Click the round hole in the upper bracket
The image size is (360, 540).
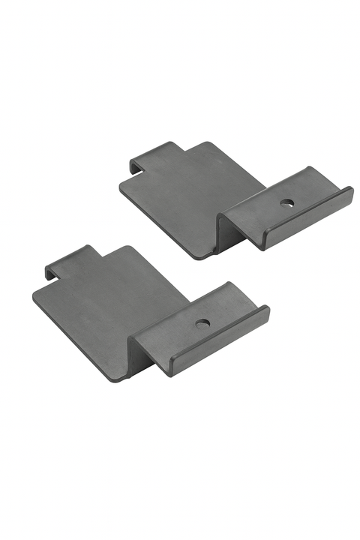click(x=286, y=202)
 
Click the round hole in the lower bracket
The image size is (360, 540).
click(x=202, y=324)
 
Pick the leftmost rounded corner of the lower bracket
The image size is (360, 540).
click(x=36, y=296)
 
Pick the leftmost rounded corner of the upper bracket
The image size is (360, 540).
click(x=121, y=184)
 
